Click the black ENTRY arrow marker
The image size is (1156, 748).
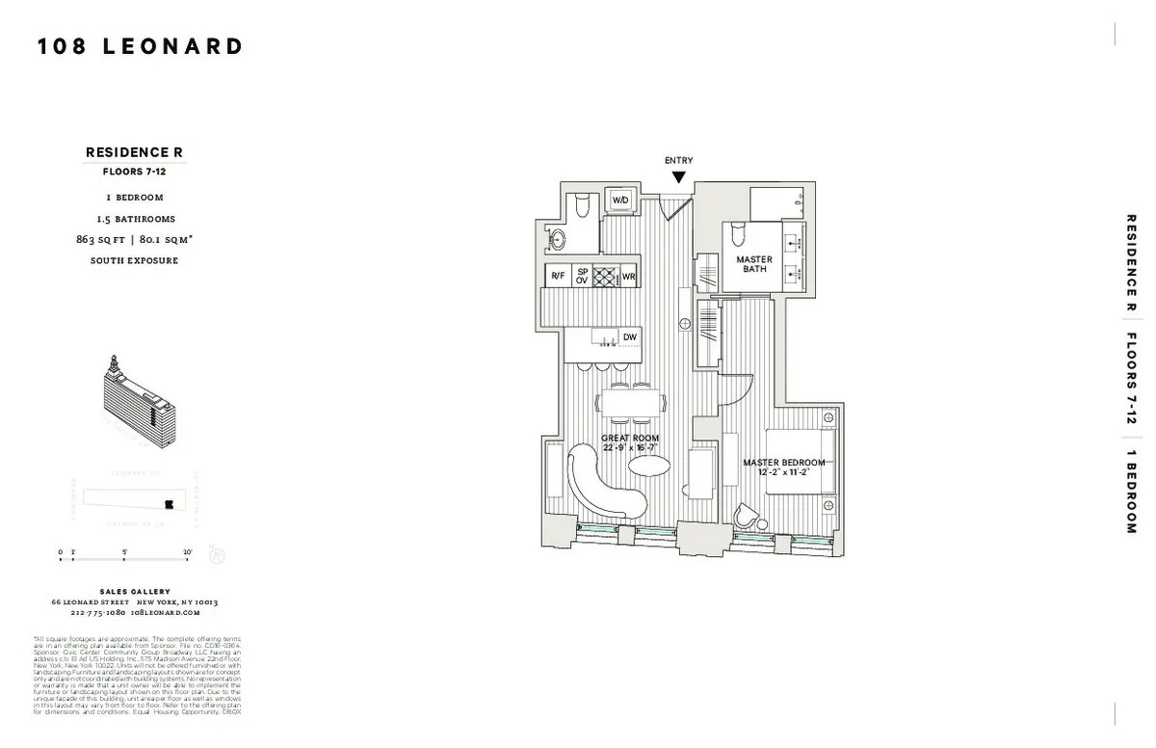pos(679,177)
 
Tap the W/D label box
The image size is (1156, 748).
pos(621,200)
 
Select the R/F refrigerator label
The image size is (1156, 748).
pos(558,276)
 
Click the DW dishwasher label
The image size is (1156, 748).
pos(630,336)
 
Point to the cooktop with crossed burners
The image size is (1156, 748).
pos(604,276)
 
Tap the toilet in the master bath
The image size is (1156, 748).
pos(739,232)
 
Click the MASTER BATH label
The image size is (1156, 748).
pos(754,264)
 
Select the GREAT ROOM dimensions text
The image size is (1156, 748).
pos(631,447)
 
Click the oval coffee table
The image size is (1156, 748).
pos(649,467)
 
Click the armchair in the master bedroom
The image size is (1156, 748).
pos(748,518)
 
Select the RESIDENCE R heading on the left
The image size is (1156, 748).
pos(134,152)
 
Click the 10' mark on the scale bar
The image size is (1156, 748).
pos(187,552)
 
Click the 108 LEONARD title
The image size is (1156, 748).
pos(141,46)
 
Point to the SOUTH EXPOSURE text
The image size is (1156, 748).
pos(134,260)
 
